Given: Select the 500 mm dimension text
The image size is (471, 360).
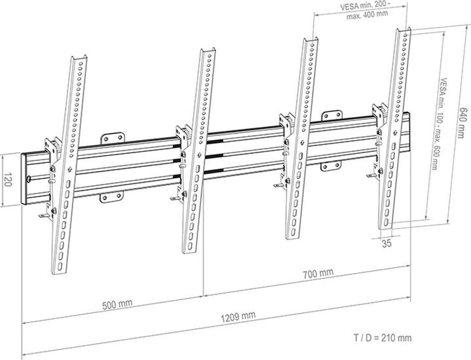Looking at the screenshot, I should [117, 304].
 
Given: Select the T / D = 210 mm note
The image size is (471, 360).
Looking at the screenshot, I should [382, 338].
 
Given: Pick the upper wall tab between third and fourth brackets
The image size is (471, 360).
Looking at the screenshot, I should [329, 117].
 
